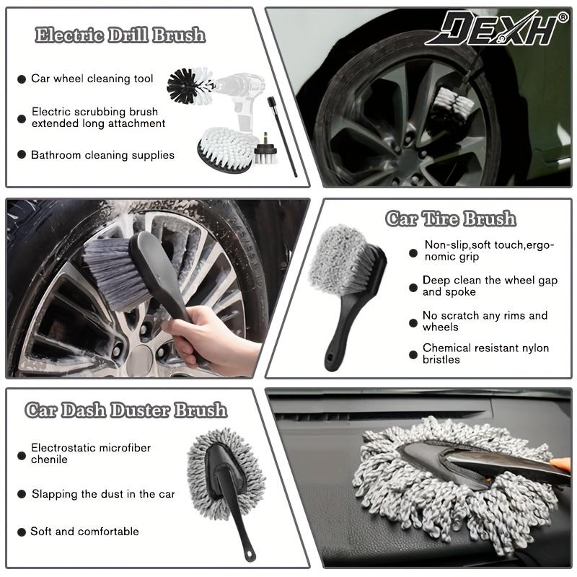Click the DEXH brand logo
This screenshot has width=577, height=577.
click(493, 29)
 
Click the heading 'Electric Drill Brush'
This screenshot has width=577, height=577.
click(120, 35)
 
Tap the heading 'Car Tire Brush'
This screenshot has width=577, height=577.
click(450, 219)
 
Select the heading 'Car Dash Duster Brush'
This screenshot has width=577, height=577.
click(125, 410)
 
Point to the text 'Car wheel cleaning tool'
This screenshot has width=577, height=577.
click(92, 79)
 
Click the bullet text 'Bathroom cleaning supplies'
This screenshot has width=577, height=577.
click(102, 155)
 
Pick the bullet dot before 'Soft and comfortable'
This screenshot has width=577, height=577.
click(22, 532)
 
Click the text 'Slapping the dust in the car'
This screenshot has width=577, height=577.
click(103, 494)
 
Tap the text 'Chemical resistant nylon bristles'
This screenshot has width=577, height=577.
click(485, 353)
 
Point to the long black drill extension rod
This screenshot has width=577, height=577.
click(283, 136)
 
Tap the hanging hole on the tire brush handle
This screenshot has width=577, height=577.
click(330, 356)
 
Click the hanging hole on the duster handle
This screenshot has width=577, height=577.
click(250, 552)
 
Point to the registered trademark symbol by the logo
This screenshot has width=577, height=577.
click(563, 17)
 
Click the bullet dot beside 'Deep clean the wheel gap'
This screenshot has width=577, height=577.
click(413, 287)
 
